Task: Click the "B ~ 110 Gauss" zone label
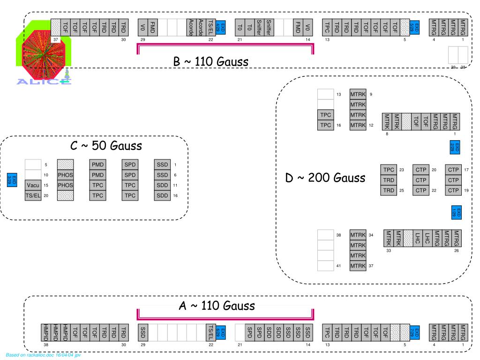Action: pyautogui.click(x=210, y=62)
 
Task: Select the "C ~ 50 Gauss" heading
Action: pyautogui.click(x=106, y=146)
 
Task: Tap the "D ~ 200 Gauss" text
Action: pyautogui.click(x=325, y=178)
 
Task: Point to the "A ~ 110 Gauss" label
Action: pyautogui.click(x=217, y=306)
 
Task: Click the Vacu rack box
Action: pyautogui.click(x=33, y=185)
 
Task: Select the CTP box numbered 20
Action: pyautogui.click(x=421, y=170)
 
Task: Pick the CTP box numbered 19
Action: pyautogui.click(x=453, y=190)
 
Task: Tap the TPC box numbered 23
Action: pyautogui.click(x=389, y=170)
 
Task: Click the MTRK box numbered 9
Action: pyautogui.click(x=358, y=94)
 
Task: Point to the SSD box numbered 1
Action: pyautogui.click(x=162, y=165)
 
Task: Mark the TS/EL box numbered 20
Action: pyautogui.click(x=33, y=195)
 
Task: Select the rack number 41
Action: pyautogui.click(x=338, y=266)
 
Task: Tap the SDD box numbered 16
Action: pyautogui.click(x=162, y=195)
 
